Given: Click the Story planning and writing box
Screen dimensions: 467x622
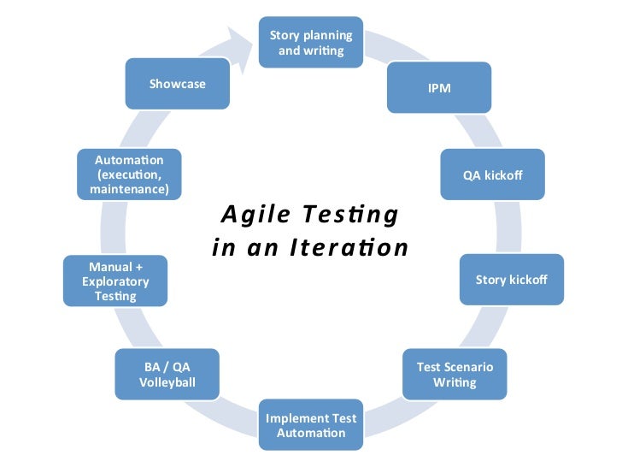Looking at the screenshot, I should coord(311,43).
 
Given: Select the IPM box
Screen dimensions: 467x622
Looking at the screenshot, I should coord(439,88).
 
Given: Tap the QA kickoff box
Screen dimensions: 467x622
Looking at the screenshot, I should coord(492,175).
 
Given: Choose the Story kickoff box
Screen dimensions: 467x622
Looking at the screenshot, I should coord(511,280).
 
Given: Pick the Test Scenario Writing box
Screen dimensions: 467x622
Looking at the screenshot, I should coord(455,375).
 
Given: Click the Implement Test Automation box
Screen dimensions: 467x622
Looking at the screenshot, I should coord(311,425).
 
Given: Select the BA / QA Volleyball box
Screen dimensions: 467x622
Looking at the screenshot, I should coord(167,375).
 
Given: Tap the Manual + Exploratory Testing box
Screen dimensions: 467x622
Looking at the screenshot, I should coord(115,281).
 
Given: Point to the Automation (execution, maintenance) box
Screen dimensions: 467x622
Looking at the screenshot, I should coord(129,174).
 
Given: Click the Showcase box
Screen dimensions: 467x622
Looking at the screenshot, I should coord(177,84).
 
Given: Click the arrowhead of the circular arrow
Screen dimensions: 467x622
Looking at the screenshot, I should coord(243,43).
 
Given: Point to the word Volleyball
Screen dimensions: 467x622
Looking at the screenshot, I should coord(167,382).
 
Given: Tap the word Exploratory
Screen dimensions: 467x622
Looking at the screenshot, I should coord(115,281).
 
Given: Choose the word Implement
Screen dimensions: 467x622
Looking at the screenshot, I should coord(296,417).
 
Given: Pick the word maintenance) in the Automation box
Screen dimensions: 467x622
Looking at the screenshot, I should coord(129,188).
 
